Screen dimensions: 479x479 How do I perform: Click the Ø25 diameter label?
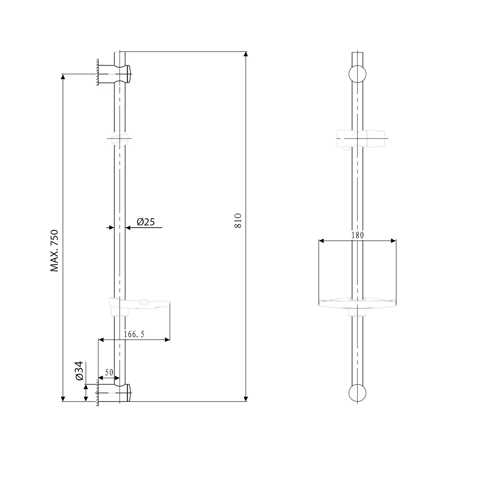click(x=146, y=222)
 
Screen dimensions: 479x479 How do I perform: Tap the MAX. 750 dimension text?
click(x=55, y=251)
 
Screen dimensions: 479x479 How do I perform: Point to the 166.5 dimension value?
click(x=134, y=334)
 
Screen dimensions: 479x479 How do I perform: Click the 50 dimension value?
click(x=109, y=372)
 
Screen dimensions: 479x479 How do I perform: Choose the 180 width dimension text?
click(x=357, y=235)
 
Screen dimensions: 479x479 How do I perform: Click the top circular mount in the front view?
click(x=357, y=74)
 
